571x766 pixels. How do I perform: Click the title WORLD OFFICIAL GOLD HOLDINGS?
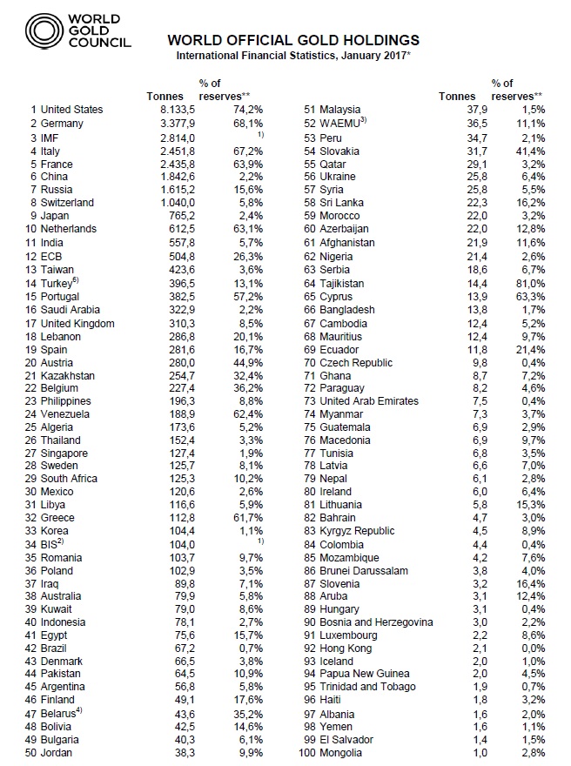[x=292, y=40]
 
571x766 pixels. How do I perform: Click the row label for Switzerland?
[x=71, y=201]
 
